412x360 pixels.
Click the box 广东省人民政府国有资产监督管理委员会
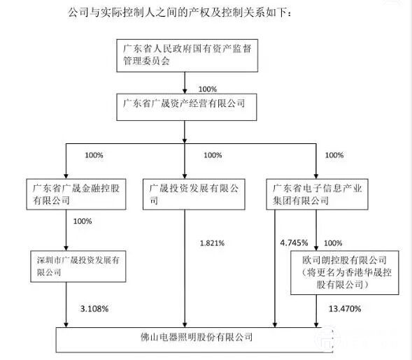tap(187, 56)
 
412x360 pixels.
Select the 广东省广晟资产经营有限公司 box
tap(187, 107)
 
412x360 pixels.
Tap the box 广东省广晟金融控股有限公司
tap(76, 194)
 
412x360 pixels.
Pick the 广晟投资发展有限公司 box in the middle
tap(194, 194)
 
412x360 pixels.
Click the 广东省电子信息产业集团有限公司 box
tap(317, 194)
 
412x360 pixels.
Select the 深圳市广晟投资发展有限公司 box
tap(78, 266)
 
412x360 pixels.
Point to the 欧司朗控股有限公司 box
tap(345, 273)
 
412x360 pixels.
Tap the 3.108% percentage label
tap(94, 309)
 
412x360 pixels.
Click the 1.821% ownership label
tap(212, 243)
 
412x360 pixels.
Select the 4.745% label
tap(294, 243)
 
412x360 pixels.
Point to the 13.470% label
tap(345, 309)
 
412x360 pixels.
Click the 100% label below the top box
tap(208, 89)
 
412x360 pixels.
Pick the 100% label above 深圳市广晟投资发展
tap(83, 221)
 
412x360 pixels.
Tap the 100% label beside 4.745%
tap(333, 243)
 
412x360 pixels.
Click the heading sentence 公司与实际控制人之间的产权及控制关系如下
tap(179, 13)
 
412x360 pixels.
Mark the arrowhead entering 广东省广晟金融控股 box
tap(66, 176)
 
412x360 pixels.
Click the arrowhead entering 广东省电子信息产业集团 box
tap(316, 176)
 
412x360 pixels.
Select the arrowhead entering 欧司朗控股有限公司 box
tap(316, 248)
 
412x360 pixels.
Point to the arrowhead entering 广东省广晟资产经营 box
tap(185, 91)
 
